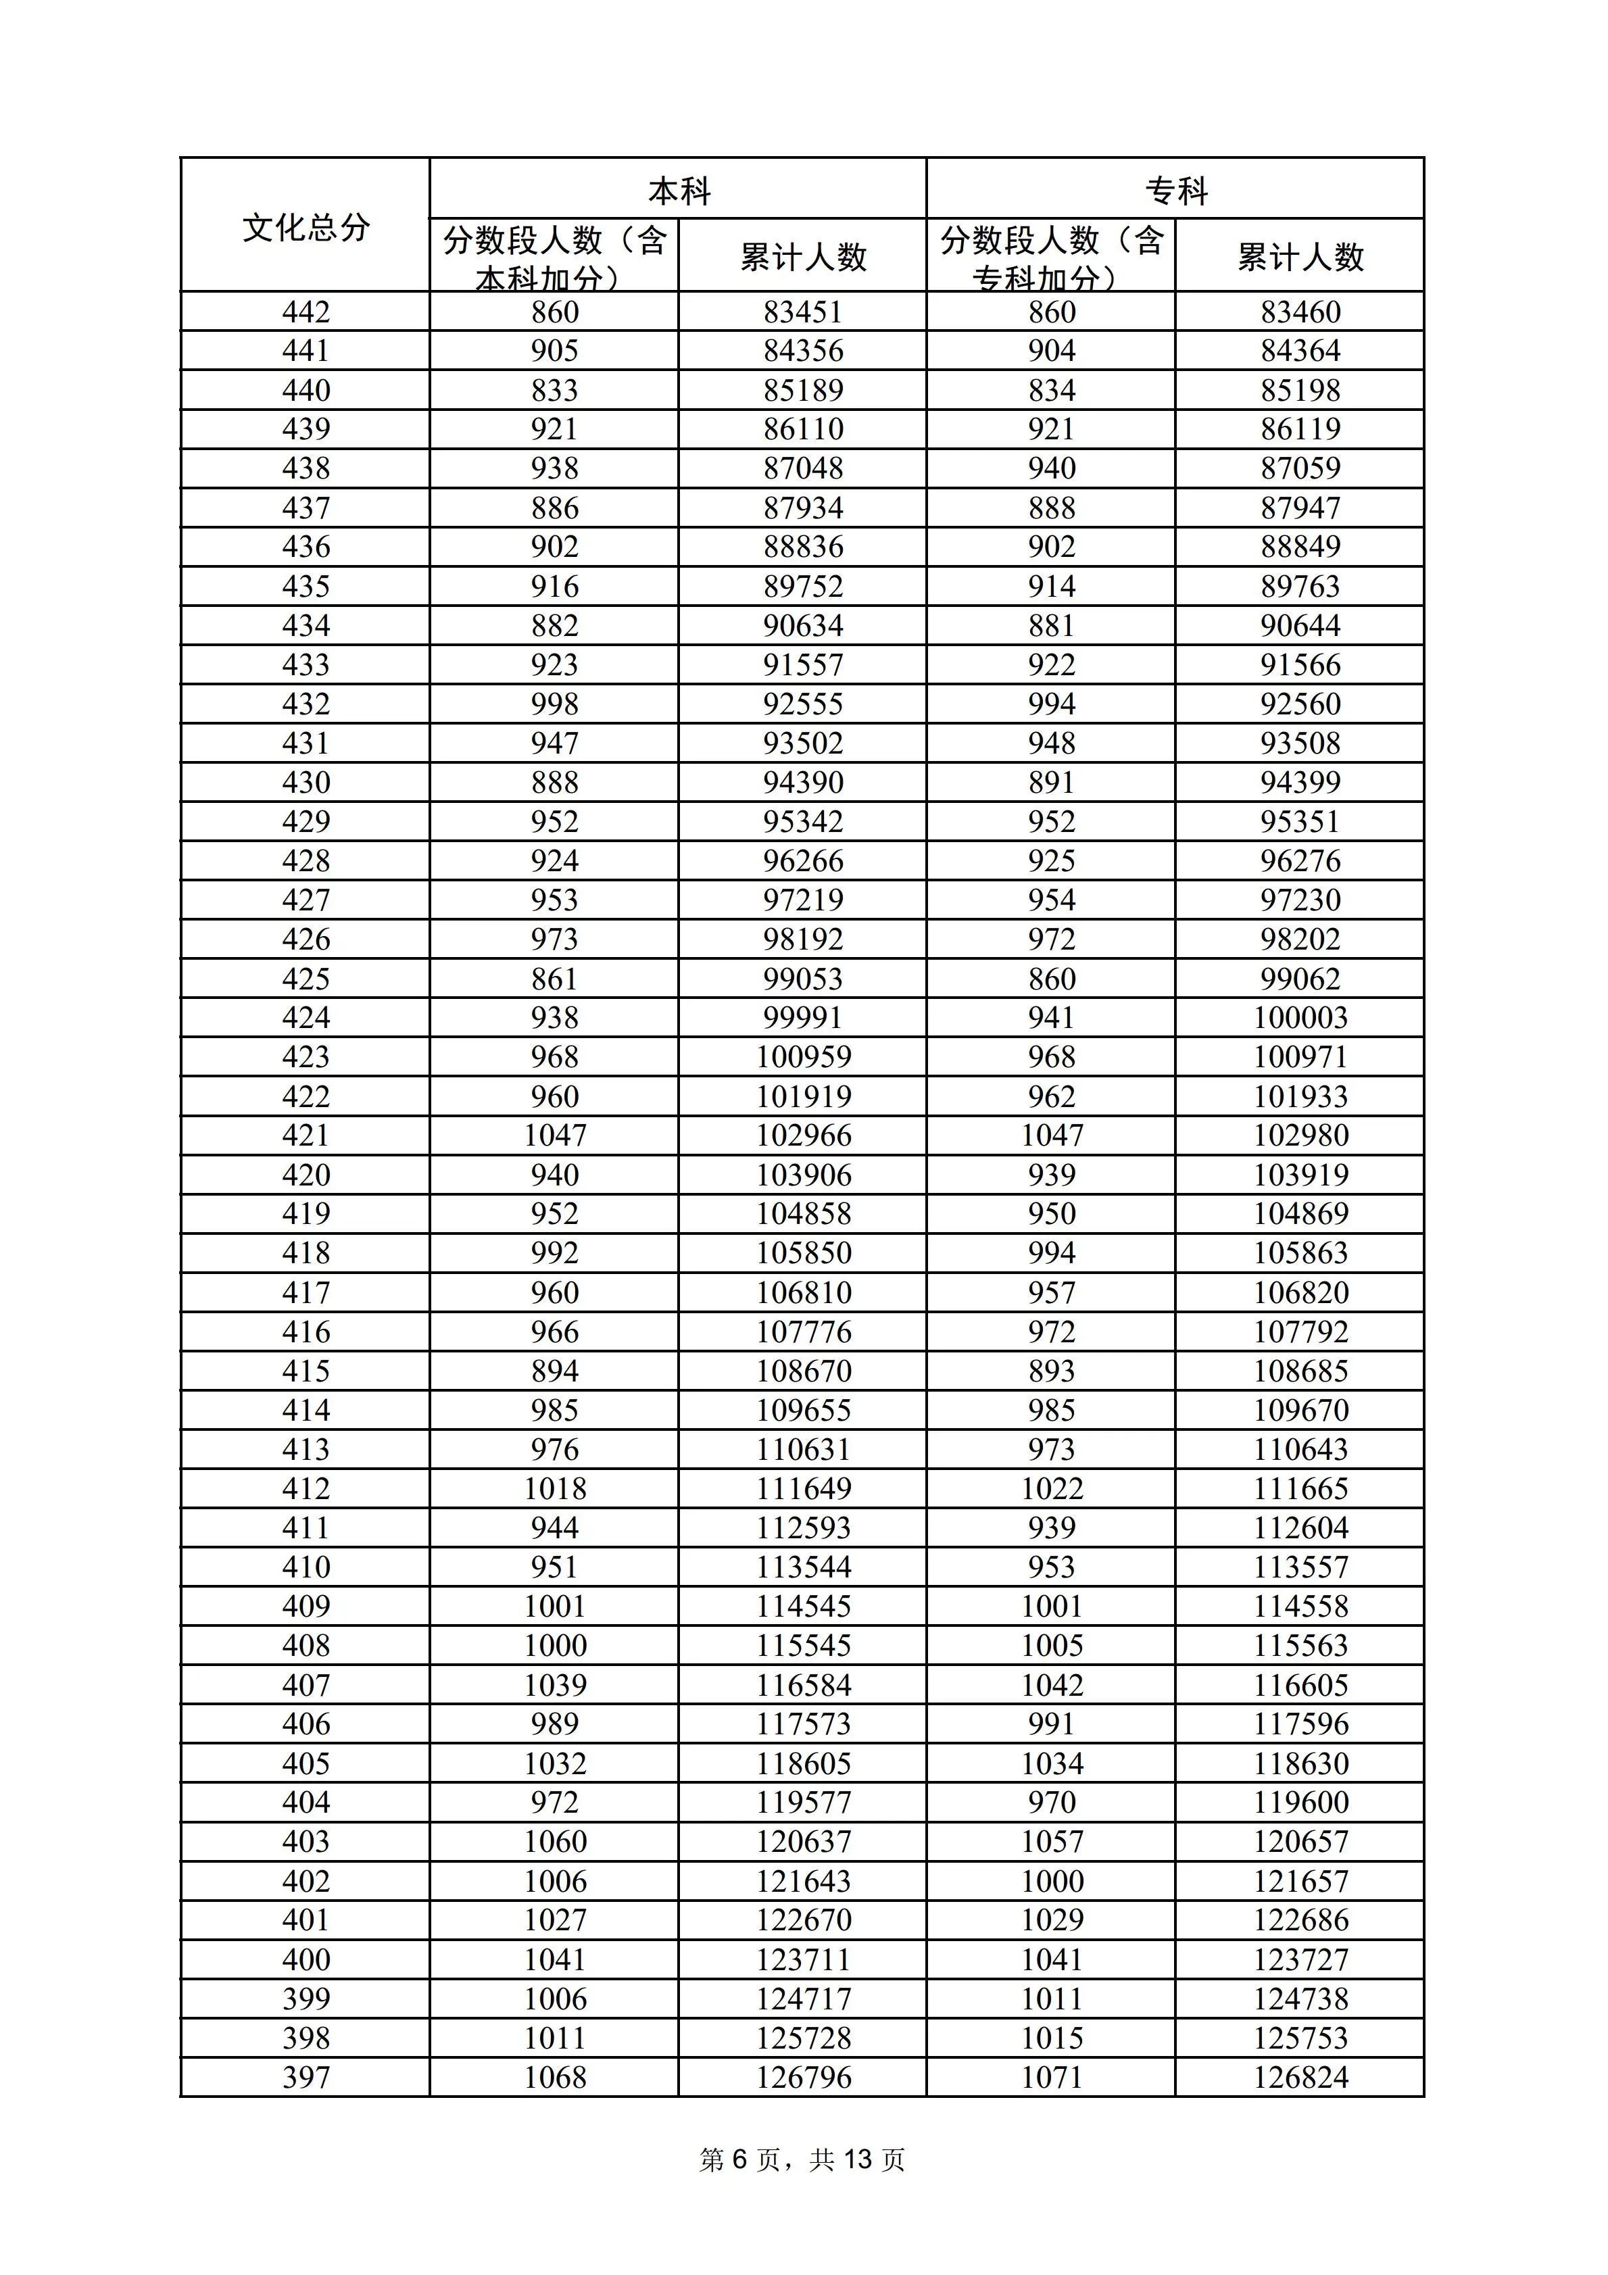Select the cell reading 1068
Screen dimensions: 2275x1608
[555, 2077]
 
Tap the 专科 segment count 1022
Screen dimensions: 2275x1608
[1052, 1488]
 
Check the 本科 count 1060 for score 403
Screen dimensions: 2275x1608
[555, 1841]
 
